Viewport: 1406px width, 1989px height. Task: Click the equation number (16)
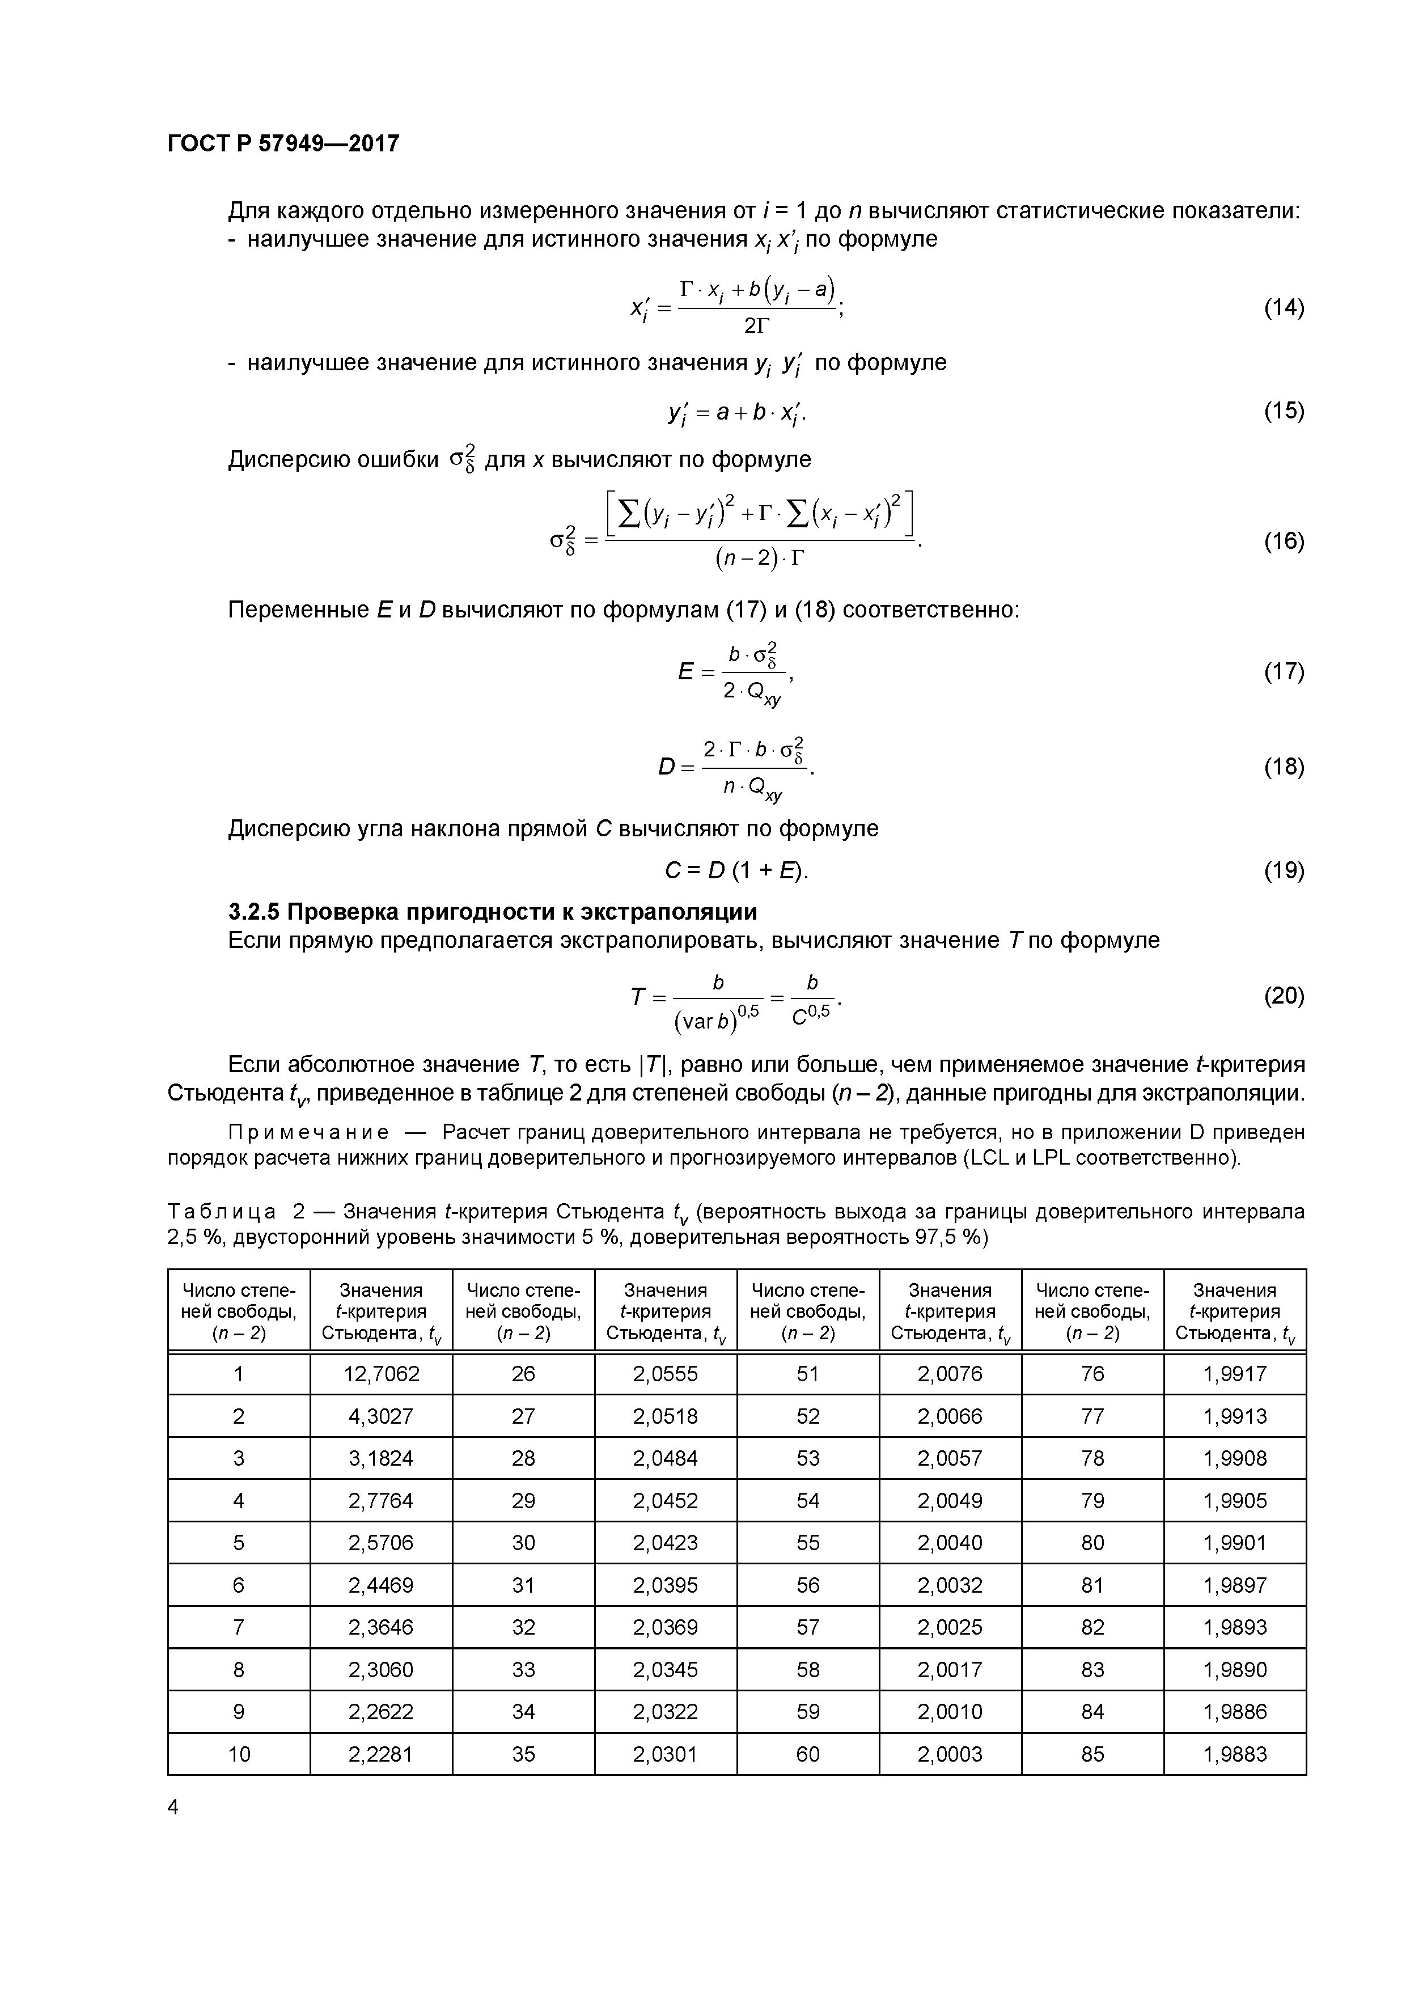1283,541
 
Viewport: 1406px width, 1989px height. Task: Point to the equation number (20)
1283,996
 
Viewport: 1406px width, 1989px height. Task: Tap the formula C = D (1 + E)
736,871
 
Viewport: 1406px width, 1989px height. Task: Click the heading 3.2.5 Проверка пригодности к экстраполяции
492,912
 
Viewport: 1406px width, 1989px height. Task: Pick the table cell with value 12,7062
381,1374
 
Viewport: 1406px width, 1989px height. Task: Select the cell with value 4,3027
381,1416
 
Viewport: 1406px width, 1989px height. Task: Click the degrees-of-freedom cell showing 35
523,1754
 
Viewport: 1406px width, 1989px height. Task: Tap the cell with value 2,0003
950,1754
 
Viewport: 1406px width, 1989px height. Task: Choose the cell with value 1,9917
1234,1374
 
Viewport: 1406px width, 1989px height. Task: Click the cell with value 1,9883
1234,1754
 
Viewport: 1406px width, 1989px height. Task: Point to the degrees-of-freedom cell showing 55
807,1543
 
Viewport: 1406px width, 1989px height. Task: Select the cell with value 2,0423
666,1543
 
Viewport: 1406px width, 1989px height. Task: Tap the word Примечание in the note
307,1133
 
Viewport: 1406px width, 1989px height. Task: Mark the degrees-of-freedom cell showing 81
1092,1585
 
